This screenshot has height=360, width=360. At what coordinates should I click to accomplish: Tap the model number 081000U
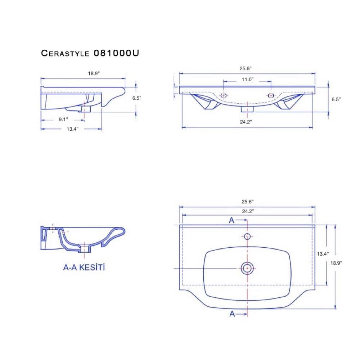tap(116, 53)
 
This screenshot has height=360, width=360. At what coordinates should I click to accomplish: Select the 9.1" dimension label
tap(63, 120)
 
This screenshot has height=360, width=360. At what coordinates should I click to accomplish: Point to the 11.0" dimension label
tap(248, 79)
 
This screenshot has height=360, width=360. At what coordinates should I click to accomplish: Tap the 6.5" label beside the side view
tap(137, 98)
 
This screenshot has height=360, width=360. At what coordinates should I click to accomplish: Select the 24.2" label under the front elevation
tap(246, 122)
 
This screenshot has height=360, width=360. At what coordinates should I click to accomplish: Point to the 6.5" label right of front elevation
tap(336, 99)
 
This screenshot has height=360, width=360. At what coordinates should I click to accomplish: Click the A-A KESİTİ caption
tap(84, 267)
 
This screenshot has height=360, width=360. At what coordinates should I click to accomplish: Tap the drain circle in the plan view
tap(247, 268)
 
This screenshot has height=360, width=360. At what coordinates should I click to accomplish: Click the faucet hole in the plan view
tap(247, 237)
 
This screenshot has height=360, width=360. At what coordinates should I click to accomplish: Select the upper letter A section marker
tap(232, 221)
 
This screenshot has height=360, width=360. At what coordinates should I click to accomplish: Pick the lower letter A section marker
tap(232, 314)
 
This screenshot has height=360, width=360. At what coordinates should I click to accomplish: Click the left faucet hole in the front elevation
tap(224, 95)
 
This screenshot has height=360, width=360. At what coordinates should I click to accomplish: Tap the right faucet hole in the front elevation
tap(271, 95)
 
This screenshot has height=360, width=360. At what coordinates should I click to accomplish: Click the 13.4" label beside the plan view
tap(323, 254)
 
